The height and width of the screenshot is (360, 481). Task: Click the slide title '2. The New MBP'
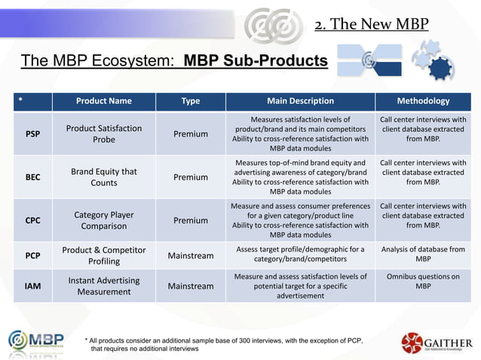(x=371, y=23)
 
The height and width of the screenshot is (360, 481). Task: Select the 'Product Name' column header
(x=104, y=101)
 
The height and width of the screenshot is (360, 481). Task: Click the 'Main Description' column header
(x=300, y=101)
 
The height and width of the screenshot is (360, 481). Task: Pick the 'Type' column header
(x=191, y=101)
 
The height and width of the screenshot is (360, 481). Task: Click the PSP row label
(x=33, y=134)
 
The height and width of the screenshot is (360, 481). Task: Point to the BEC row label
(x=33, y=178)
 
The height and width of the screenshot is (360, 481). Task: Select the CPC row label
(x=33, y=221)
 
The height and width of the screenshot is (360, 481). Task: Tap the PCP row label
(x=33, y=255)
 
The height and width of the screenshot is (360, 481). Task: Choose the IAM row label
(x=33, y=286)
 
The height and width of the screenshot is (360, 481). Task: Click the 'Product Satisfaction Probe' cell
(x=104, y=134)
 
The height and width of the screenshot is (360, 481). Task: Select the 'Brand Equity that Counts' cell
(x=104, y=178)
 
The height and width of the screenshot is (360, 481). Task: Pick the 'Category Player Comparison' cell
(x=104, y=221)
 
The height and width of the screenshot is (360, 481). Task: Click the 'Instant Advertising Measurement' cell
(x=104, y=286)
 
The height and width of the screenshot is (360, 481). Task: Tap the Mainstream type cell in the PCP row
(x=191, y=255)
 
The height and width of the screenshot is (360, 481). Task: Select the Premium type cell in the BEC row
(x=191, y=178)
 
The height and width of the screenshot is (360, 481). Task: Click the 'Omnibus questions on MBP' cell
(x=423, y=282)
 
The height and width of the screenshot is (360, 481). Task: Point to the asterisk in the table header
(x=20, y=101)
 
